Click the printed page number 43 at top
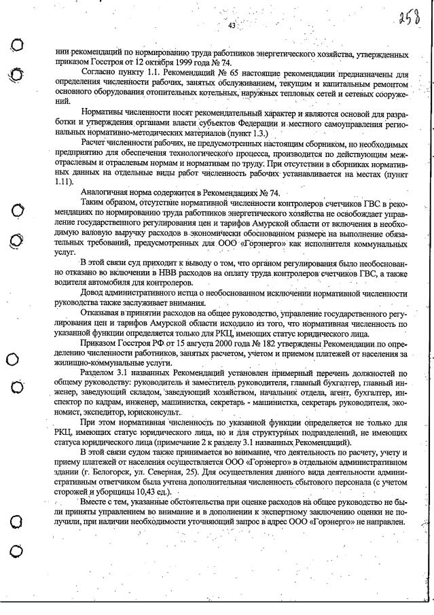(232, 25)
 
